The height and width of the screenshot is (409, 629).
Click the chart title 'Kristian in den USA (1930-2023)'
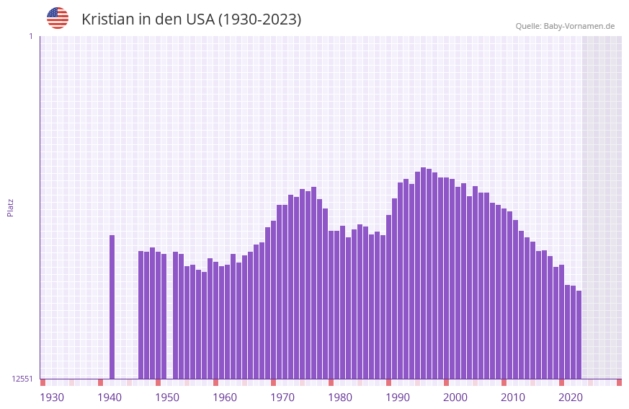(x=191, y=19)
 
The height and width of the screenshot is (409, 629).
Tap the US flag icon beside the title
(x=58, y=18)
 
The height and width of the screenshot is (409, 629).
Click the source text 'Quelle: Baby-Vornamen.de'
(x=565, y=26)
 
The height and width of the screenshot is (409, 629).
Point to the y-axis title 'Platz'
(x=10, y=207)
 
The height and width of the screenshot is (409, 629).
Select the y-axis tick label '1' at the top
(x=30, y=36)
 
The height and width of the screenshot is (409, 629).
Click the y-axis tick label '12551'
(x=22, y=379)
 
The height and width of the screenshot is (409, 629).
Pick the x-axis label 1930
(x=52, y=397)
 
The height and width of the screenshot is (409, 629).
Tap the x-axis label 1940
(x=110, y=397)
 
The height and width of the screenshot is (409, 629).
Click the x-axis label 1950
(x=167, y=397)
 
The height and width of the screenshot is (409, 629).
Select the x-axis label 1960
(x=225, y=397)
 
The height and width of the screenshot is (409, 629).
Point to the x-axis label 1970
(x=282, y=397)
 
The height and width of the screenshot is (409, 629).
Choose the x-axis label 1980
(x=340, y=397)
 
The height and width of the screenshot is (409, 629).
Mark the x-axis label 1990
(x=398, y=397)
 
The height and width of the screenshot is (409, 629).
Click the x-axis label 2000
(x=455, y=397)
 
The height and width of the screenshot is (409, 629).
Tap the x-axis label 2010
(x=513, y=397)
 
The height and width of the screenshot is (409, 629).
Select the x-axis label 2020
(x=571, y=397)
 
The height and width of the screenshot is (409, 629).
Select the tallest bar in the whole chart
(x=424, y=274)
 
